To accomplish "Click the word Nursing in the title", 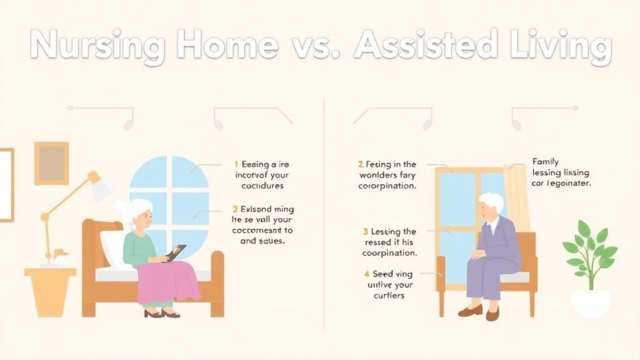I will tap(97, 46).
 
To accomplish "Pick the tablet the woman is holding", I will tap(176, 252).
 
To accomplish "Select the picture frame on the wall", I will tap(51, 163).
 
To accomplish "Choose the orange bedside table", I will tap(50, 291).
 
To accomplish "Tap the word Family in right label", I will tap(546, 161).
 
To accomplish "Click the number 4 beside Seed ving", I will tap(367, 274).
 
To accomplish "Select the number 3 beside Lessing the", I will tap(365, 232).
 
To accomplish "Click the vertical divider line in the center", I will tap(324, 212).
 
